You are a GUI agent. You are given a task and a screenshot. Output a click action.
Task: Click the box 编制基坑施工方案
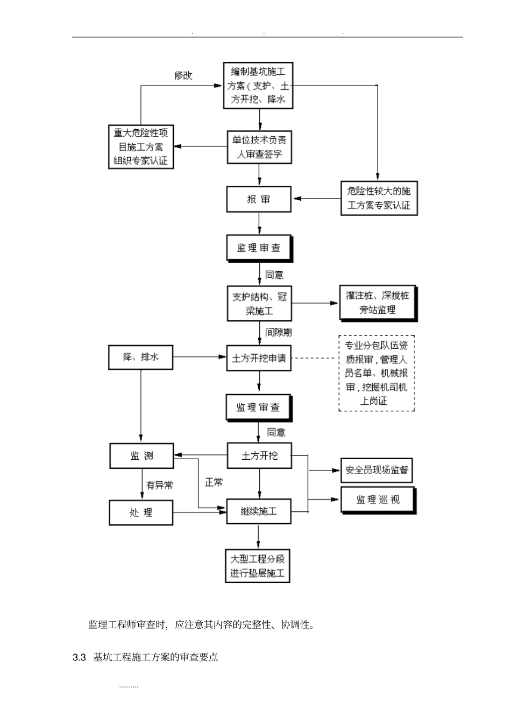tap(258, 85)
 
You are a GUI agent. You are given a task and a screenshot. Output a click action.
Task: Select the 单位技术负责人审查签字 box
tap(259, 147)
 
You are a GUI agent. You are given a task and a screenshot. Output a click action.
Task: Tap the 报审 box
tap(259, 199)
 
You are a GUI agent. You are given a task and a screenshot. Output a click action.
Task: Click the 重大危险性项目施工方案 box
tap(141, 146)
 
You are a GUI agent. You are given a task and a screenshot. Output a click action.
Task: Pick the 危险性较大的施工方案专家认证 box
tap(379, 199)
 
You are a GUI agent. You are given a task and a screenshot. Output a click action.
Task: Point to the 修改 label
tap(183, 75)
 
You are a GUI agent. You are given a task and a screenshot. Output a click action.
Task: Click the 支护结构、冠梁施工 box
tap(259, 304)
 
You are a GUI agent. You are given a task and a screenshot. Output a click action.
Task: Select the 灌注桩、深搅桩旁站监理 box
tap(378, 303)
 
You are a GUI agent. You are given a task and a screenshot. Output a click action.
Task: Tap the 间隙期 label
tap(278, 333)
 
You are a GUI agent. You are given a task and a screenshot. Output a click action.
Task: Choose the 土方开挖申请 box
tap(259, 358)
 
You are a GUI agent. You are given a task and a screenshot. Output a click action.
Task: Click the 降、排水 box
tap(141, 357)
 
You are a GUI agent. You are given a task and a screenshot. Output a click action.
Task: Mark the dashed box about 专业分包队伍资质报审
tap(377, 373)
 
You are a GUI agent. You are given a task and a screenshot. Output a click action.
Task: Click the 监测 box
tap(142, 456)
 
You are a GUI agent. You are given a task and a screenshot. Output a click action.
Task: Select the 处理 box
tap(141, 512)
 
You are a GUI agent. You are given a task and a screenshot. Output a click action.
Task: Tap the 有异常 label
tap(160, 486)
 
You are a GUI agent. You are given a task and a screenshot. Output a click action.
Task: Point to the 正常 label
tap(214, 482)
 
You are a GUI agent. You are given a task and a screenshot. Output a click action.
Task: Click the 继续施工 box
tap(259, 511)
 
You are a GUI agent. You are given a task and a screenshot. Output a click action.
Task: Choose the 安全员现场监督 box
tap(377, 470)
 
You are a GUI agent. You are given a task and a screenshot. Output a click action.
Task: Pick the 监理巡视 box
tap(378, 500)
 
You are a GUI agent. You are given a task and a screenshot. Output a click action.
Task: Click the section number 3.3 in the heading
tap(80, 657)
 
